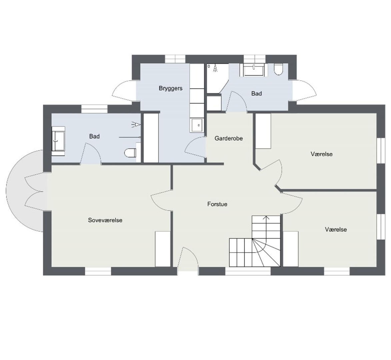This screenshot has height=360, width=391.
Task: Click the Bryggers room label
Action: coord(171,88)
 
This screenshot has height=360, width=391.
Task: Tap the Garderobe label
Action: coord(229,138)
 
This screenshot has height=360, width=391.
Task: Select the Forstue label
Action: coord(217,204)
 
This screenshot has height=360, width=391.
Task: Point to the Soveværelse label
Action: coord(105,220)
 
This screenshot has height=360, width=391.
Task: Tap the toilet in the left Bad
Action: coord(130,153)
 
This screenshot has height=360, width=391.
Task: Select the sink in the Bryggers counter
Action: coord(198,125)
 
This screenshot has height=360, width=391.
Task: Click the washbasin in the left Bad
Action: coord(58,141)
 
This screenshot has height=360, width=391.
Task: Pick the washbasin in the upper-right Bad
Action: coord(254,70)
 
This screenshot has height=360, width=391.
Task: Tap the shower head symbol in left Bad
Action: coord(136,124)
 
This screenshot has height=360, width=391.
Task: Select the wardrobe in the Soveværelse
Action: coord(163,249)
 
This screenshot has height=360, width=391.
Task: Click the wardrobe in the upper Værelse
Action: coord(264,131)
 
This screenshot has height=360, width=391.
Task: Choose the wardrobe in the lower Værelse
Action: coord(291,249)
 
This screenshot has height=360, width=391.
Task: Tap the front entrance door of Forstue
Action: coord(188,259)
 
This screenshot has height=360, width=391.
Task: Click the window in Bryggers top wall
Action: coord(175,59)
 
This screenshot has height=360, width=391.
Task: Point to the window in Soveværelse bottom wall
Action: coord(98,271)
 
